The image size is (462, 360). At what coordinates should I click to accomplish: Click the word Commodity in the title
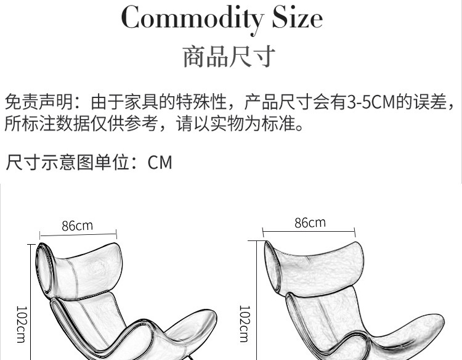193,18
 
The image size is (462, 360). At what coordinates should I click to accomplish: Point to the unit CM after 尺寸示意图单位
160,163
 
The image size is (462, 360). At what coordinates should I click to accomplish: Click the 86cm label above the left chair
77,226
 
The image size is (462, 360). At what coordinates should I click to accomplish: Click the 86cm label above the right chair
310,223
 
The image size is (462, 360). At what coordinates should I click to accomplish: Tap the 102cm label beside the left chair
21,325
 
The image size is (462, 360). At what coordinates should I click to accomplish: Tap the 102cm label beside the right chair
244,324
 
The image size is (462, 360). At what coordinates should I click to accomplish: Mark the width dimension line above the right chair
309,232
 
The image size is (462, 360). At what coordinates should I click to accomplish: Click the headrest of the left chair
80,265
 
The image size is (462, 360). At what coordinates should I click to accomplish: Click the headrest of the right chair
308,262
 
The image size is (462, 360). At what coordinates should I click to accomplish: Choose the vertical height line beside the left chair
30,302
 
